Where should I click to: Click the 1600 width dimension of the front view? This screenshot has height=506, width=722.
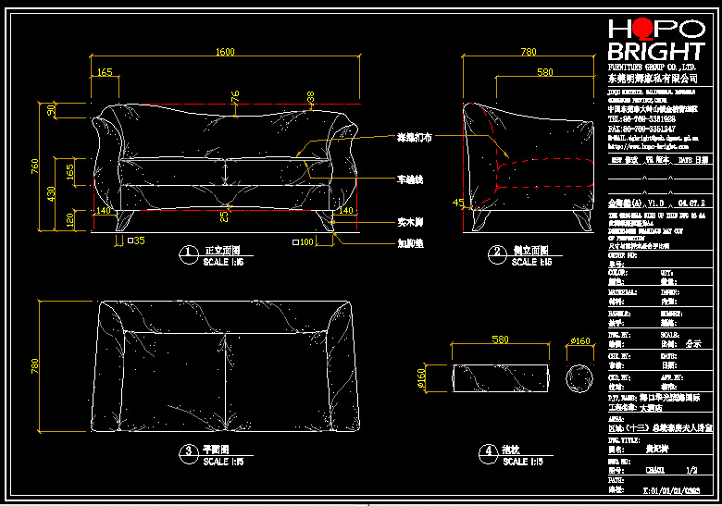225,52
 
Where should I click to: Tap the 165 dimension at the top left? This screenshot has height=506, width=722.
105,71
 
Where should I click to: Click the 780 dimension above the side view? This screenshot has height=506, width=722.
528,52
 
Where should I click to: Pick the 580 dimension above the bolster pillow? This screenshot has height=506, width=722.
500,340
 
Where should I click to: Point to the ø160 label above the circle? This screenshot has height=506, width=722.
580,341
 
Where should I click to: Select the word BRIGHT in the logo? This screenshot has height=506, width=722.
655,52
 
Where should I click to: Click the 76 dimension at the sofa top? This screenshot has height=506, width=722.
235,95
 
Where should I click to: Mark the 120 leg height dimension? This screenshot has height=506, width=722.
52,219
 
